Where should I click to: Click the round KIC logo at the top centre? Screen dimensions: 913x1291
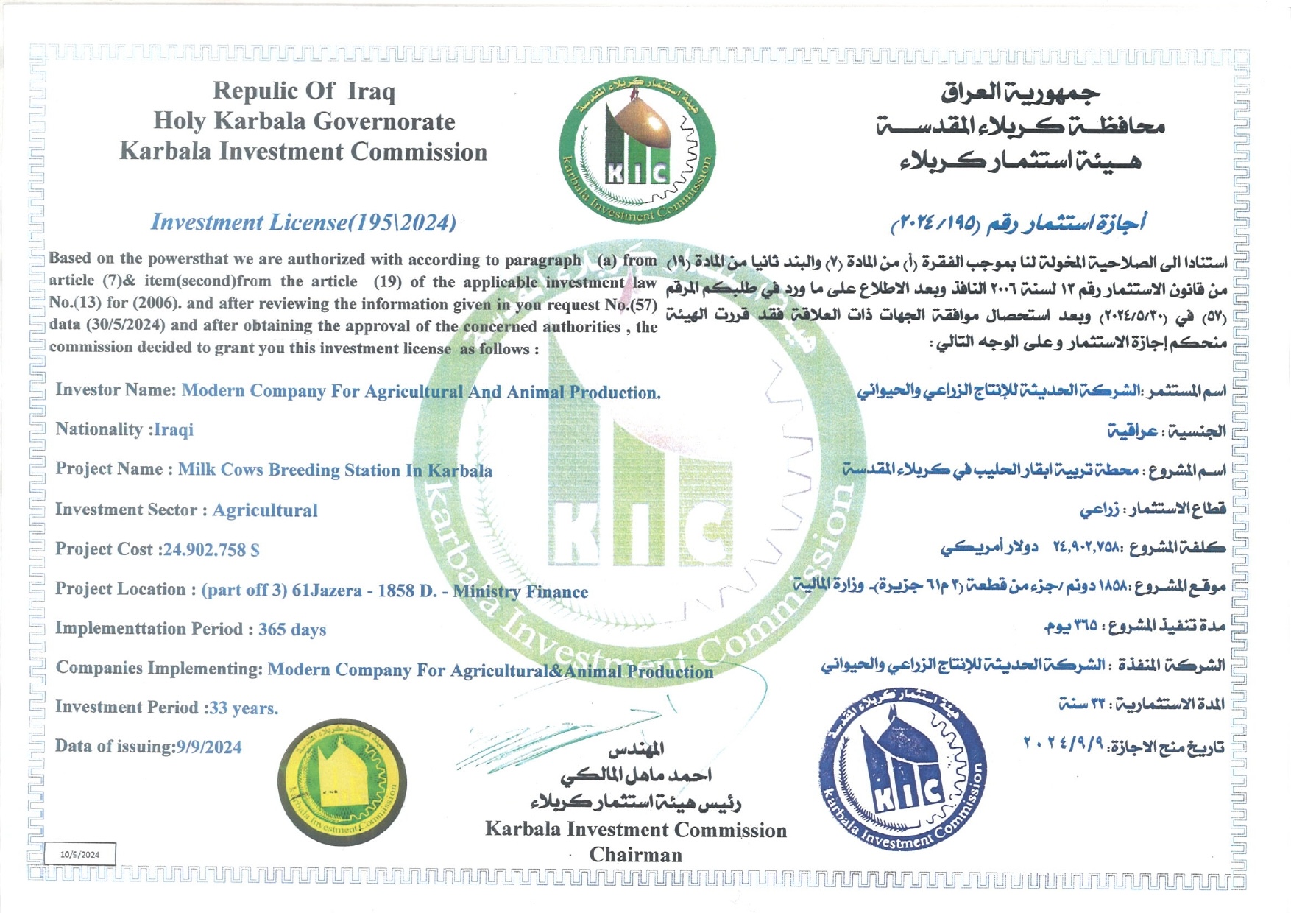tap(637, 150)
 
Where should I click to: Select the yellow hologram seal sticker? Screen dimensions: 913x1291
tap(342, 782)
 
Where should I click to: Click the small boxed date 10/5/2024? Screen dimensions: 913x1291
tap(80, 854)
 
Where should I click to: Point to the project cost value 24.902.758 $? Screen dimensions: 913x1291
tap(211, 550)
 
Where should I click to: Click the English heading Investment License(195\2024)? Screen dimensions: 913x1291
tap(303, 222)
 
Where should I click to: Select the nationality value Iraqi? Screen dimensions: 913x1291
tap(174, 430)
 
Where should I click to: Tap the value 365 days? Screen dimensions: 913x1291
tap(291, 630)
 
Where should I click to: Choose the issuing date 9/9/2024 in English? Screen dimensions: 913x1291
tap(209, 747)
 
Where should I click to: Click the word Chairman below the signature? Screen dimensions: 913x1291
tap(635, 855)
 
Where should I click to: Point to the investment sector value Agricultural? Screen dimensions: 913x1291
tap(265, 510)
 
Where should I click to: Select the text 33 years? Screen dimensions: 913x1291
tap(244, 708)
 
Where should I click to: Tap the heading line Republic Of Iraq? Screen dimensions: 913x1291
tap(304, 91)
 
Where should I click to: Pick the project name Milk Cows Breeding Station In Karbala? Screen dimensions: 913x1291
tap(335, 470)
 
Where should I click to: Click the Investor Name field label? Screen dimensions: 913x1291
tap(116, 390)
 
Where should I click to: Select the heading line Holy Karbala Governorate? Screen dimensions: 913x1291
tap(304, 121)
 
